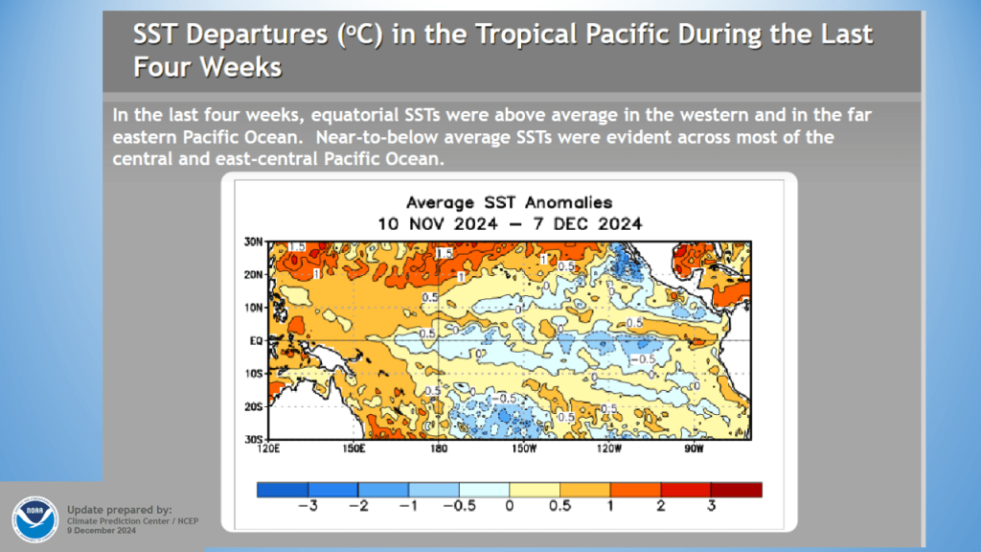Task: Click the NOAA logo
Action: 34,518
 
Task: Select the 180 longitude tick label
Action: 439,448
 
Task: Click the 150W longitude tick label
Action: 524,448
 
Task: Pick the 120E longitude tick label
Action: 269,448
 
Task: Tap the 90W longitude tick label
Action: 694,448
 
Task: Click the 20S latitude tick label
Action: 256,406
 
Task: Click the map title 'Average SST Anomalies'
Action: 509,203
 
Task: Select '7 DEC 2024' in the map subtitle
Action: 595,223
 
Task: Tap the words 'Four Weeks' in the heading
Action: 208,67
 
